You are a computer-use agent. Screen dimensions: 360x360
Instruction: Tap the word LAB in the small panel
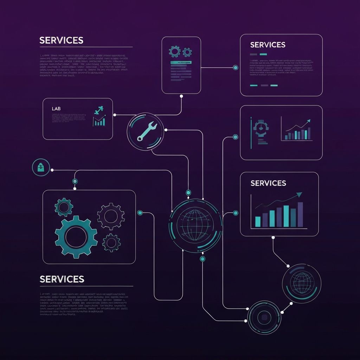[56, 109]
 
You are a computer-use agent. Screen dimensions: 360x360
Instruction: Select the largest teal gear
[76, 237]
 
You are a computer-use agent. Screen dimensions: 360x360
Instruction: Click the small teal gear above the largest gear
[64, 207]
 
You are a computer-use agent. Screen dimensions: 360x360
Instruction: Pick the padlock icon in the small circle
[41, 167]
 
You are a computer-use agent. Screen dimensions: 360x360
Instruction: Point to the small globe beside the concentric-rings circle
[301, 283]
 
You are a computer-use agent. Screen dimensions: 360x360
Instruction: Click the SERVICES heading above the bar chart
[268, 183]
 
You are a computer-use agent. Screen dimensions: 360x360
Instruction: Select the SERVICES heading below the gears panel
[62, 279]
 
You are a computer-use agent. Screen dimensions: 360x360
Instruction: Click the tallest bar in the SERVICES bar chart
[300, 214]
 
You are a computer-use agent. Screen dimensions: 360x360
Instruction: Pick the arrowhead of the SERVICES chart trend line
[299, 194]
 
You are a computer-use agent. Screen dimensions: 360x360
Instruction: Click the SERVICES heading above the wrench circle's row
[61, 40]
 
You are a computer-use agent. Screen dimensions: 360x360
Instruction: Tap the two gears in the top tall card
[180, 52]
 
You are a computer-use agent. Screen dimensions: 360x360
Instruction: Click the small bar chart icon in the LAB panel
[99, 121]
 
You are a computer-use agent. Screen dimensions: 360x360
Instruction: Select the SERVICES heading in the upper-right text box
[268, 45]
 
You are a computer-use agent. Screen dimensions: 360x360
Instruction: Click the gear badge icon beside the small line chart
[261, 127]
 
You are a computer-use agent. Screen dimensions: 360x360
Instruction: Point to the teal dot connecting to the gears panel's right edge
[140, 213]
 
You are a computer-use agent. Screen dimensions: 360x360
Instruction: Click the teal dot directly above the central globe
[188, 192]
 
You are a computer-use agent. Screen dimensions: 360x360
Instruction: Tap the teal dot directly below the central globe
[202, 259]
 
